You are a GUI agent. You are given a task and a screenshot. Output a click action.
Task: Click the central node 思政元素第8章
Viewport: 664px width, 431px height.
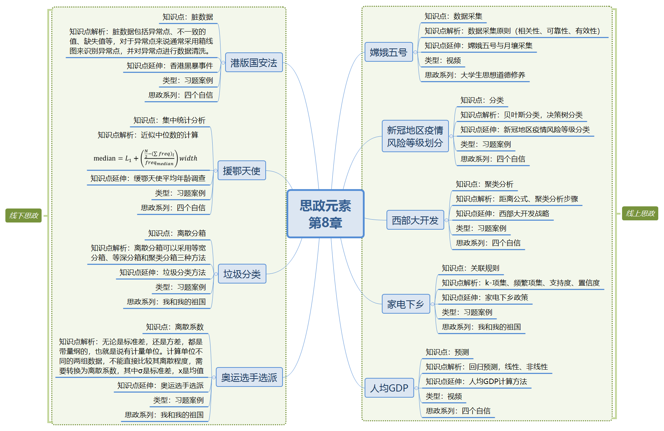pos(326,214)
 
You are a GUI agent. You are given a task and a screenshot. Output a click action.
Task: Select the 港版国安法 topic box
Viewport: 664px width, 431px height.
pos(254,63)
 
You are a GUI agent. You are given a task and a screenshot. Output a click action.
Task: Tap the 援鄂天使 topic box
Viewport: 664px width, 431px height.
pos(242,170)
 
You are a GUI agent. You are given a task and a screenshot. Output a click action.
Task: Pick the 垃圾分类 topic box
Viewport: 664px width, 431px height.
pos(242,274)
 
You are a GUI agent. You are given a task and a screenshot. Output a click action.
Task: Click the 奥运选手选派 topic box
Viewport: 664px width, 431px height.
pos(249,377)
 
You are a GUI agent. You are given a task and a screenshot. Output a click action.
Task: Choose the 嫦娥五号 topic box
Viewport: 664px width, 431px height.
pos(389,52)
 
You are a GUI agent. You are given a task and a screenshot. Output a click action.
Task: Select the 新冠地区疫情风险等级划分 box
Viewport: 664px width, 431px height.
pos(415,136)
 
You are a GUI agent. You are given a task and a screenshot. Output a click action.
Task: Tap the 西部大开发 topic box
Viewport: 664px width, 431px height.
pos(415,220)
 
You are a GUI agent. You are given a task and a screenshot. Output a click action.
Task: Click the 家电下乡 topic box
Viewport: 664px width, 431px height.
pos(405,304)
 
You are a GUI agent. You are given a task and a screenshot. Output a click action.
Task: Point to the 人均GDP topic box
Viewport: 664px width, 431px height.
pos(389,388)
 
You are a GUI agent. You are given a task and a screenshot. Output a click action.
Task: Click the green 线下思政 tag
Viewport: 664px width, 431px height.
pos(24,215)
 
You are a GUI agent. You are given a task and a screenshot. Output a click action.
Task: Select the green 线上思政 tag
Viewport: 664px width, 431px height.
pos(640,214)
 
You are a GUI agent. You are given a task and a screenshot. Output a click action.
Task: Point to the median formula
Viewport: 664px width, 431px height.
pos(146,158)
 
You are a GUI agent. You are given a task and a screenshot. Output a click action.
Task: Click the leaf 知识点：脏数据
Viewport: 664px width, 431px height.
pos(188,17)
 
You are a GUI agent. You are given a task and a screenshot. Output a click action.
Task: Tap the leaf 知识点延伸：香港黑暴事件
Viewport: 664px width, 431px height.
pos(170,66)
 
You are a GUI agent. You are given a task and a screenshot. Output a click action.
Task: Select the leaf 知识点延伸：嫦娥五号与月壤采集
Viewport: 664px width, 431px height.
pos(478,46)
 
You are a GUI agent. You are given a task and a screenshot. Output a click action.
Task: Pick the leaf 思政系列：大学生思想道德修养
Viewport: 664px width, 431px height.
pos(475,75)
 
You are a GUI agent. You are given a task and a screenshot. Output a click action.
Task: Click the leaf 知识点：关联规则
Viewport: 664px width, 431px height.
pos(470,268)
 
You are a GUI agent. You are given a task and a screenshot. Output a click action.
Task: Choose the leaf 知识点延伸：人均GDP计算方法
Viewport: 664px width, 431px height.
pos(476,381)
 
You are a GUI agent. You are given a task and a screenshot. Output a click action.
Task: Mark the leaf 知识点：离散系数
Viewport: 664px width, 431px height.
pos(175,327)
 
